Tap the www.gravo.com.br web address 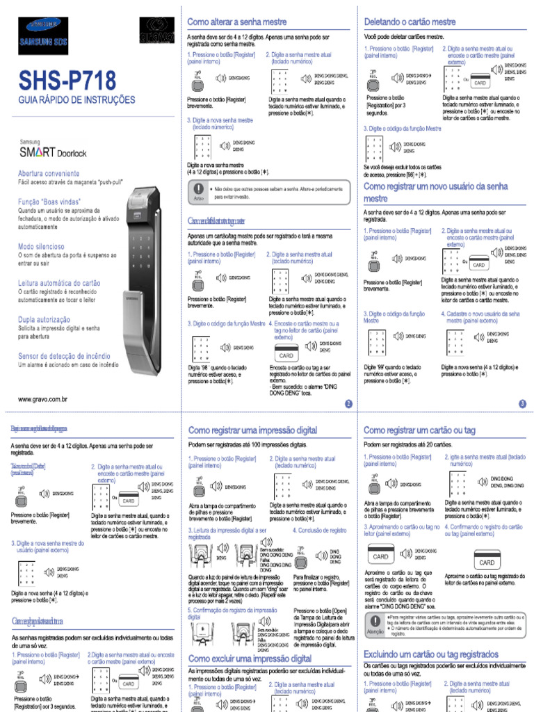click(x=42, y=399)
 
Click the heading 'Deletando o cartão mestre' click(x=410, y=22)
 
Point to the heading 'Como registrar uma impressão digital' click(x=253, y=431)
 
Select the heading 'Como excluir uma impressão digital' click(x=250, y=658)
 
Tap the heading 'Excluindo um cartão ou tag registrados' click(x=431, y=654)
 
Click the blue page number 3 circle click(x=522, y=403)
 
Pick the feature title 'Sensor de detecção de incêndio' click(x=64, y=356)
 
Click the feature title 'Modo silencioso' click(x=41, y=246)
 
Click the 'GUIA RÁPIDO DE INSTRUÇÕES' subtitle click(x=76, y=100)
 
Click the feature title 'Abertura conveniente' click(x=49, y=173)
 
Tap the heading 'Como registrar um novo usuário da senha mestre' click(x=436, y=193)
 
